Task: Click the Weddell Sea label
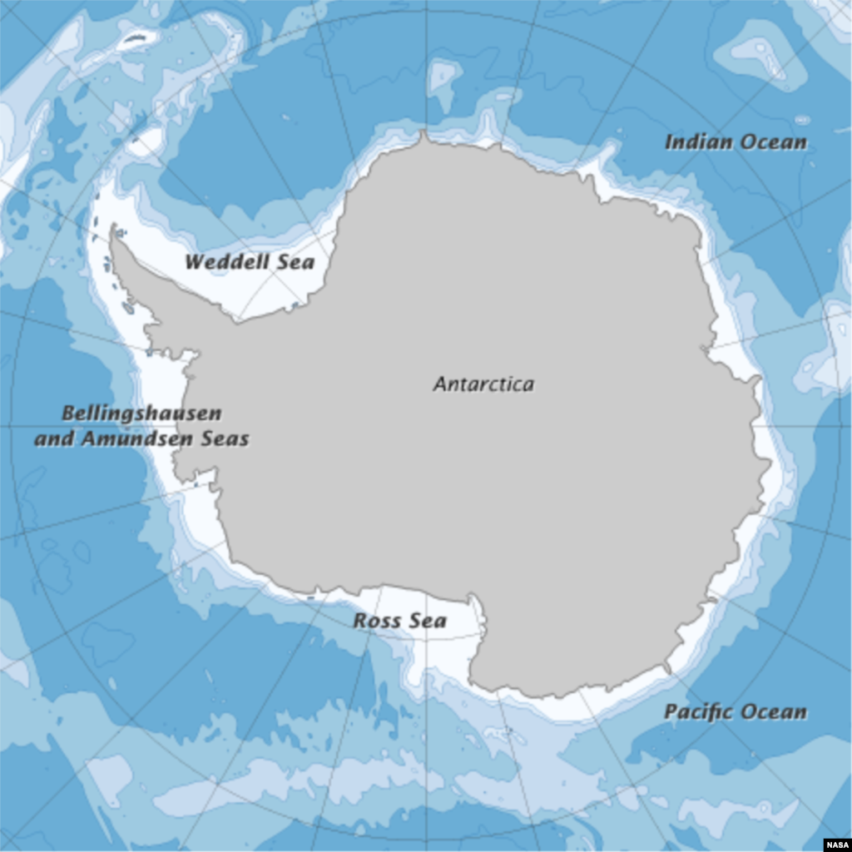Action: point(250,262)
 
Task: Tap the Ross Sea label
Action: point(399,621)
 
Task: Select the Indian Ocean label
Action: point(736,142)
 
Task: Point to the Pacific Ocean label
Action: point(736,712)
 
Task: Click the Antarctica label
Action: point(483,384)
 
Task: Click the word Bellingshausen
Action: point(142,413)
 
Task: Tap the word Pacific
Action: point(698,712)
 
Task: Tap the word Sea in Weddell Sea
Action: point(297,262)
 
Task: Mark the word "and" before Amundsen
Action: point(53,438)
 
